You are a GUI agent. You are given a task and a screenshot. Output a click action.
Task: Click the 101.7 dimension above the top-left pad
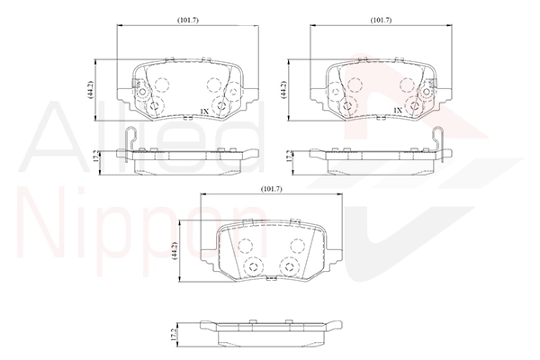188,21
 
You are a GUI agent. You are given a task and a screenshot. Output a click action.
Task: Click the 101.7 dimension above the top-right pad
381,21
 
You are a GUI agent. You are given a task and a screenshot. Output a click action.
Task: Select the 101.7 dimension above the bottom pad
272,189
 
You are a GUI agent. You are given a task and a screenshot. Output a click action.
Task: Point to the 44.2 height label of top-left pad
90,90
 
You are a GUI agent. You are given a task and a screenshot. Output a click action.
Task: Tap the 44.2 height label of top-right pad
283,90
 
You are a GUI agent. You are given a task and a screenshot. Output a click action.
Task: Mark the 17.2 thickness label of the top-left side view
96,157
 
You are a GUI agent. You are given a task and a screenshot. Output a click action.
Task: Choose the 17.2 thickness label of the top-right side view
289,157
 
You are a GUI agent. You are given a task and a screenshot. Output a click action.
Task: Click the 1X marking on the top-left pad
204,111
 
